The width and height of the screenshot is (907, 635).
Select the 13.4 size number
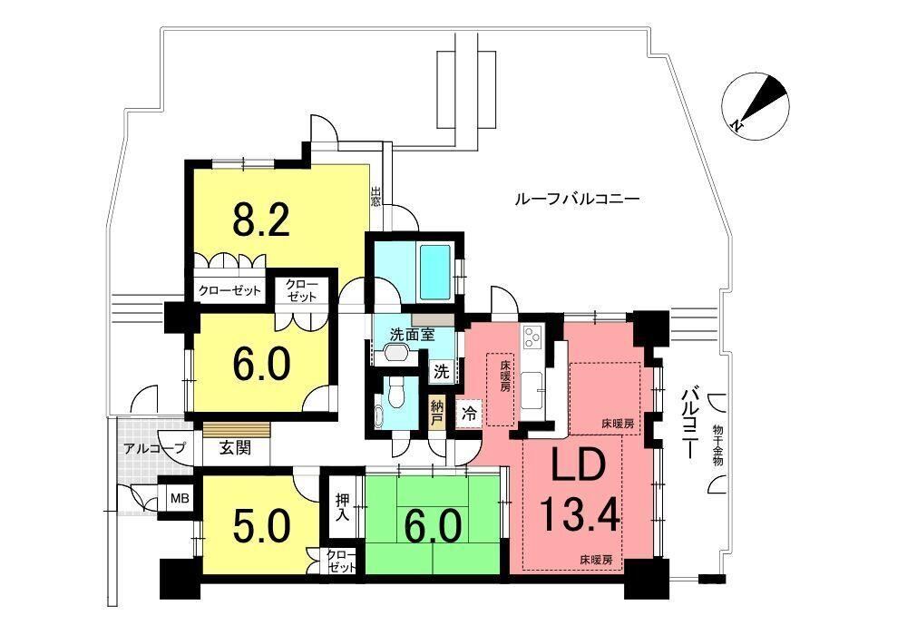pyautogui.click(x=580, y=515)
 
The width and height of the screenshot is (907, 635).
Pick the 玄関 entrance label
pyautogui.click(x=236, y=447)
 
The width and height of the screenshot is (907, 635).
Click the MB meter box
pyautogui.click(x=177, y=498)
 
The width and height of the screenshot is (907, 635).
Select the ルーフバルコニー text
pyautogui.click(x=577, y=200)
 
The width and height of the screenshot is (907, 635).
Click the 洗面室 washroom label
pyautogui.click(x=413, y=334)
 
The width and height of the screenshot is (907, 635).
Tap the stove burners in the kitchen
pyautogui.click(x=531, y=337)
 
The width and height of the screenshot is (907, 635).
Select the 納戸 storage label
pyautogui.click(x=437, y=411)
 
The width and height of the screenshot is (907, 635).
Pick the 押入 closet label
pyautogui.click(x=343, y=506)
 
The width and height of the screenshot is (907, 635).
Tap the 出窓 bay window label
pyautogui.click(x=376, y=196)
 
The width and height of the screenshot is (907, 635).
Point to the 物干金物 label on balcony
pyautogui.click(x=717, y=445)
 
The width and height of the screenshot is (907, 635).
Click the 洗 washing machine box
pyautogui.click(x=442, y=372)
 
